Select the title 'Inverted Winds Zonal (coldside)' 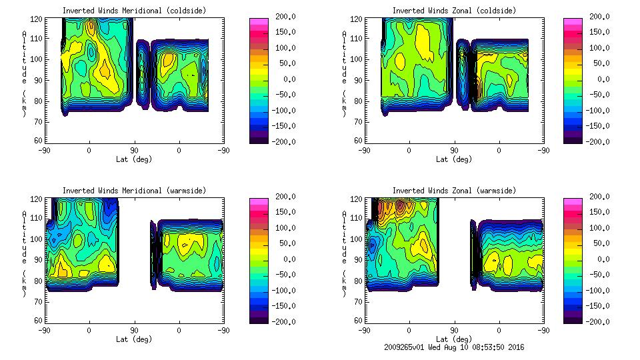point(454,11)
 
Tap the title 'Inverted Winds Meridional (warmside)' point(134,191)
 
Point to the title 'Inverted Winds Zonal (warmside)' point(454,191)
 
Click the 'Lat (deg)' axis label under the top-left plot point(134,159)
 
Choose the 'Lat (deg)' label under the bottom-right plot point(454,339)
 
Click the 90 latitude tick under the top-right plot point(454,151)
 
